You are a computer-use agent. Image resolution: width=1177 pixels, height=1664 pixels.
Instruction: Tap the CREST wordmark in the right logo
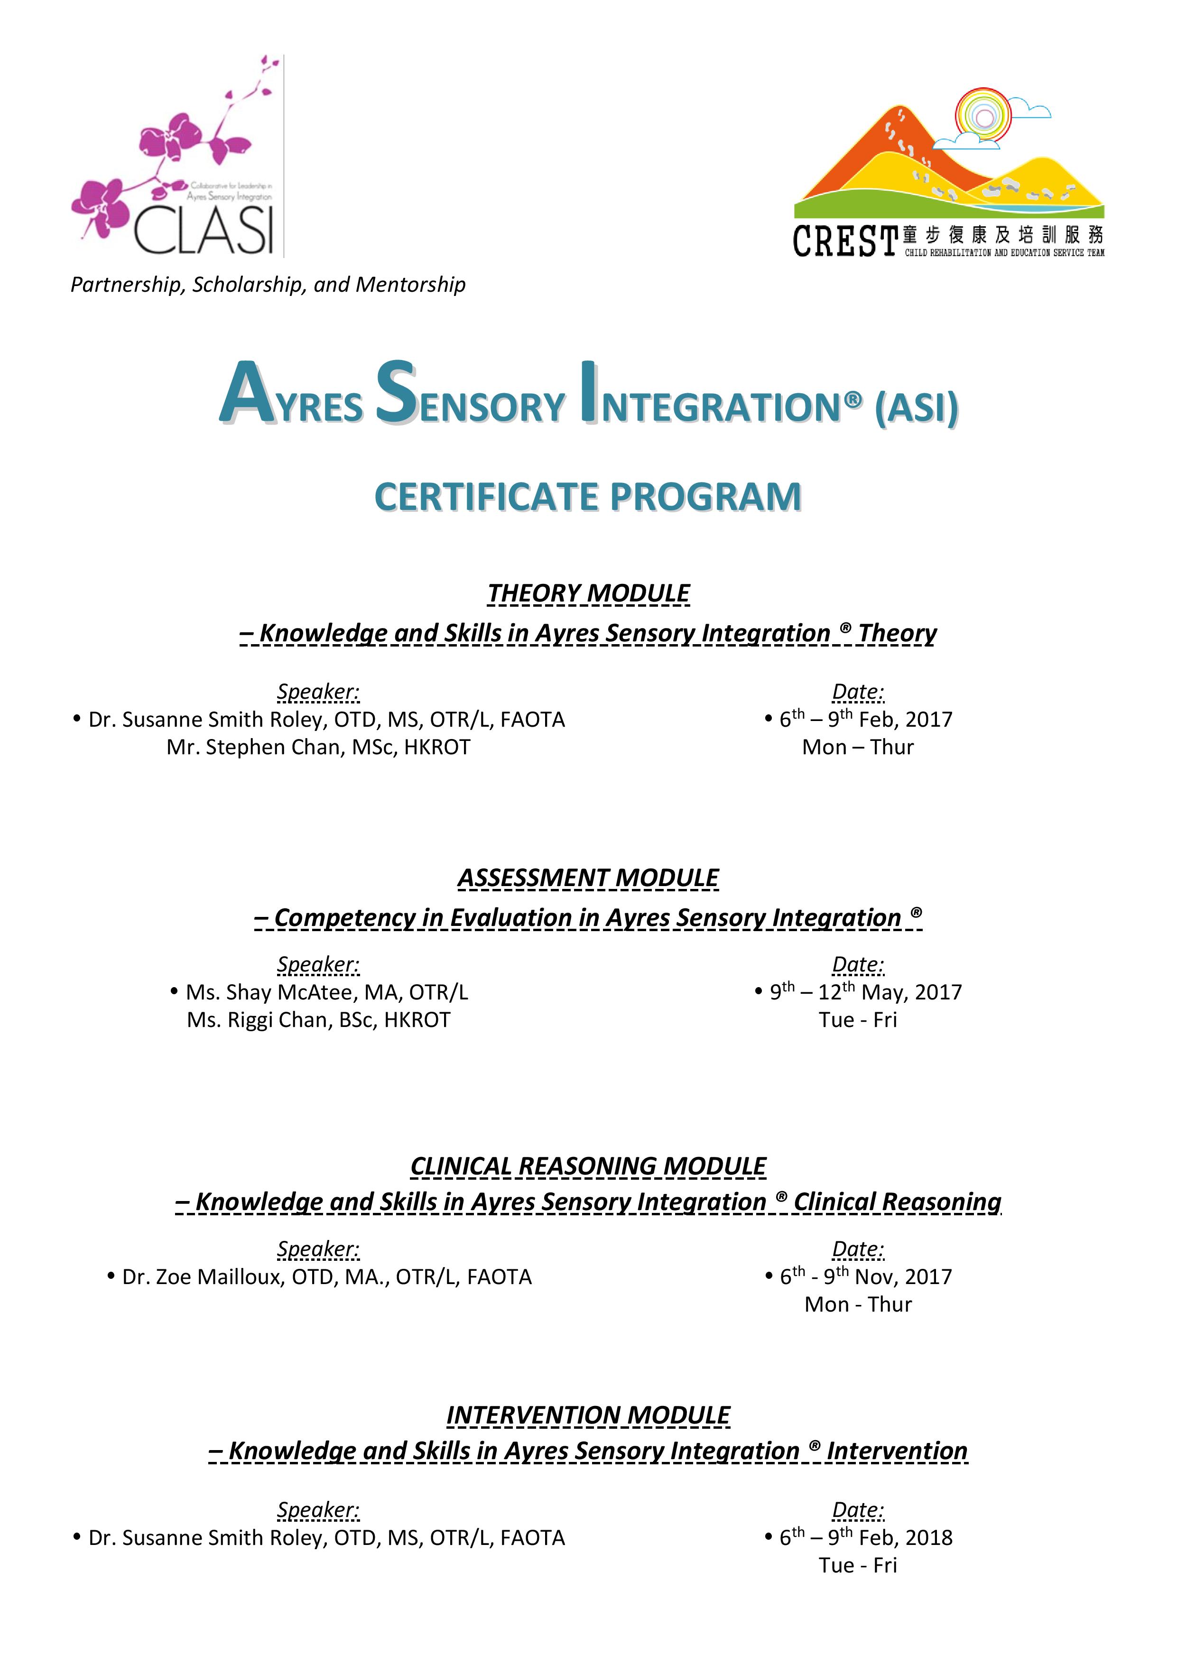(x=845, y=241)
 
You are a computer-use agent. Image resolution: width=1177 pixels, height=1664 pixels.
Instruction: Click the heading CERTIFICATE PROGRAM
(x=588, y=497)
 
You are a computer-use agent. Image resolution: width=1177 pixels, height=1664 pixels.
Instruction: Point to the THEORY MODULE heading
(x=588, y=593)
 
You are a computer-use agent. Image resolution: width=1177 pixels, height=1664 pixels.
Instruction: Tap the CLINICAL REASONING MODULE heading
(x=588, y=1166)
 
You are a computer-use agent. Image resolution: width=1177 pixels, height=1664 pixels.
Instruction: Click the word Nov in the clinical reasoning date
(x=874, y=1277)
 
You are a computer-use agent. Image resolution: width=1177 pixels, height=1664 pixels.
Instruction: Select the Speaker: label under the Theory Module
(x=318, y=692)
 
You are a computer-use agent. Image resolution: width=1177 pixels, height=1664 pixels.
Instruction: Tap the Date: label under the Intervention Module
(x=858, y=1510)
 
